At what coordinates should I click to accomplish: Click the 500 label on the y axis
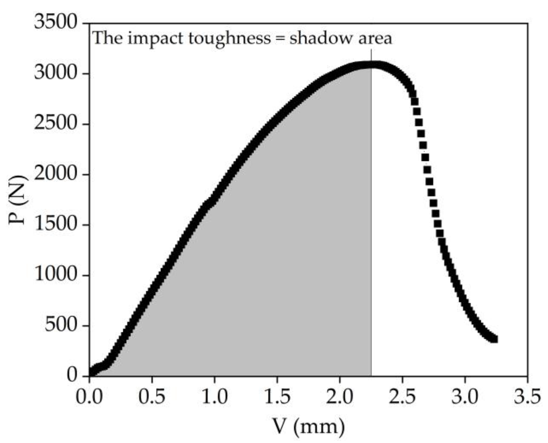pyautogui.click(x=61, y=325)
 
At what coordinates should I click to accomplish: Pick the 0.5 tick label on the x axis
pyautogui.click(x=152, y=396)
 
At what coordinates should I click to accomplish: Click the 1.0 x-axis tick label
pyautogui.click(x=215, y=396)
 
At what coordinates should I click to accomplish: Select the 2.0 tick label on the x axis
pyautogui.click(x=339, y=396)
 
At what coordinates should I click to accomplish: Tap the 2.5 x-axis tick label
pyautogui.click(x=402, y=396)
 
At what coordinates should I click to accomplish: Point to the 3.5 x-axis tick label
pyautogui.click(x=527, y=396)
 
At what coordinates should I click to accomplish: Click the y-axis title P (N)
pyautogui.click(x=18, y=200)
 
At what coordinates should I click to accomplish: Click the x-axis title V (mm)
pyautogui.click(x=308, y=427)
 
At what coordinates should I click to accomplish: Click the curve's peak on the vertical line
pyautogui.click(x=371, y=65)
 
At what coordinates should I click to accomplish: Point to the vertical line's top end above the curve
pyautogui.click(x=371, y=50)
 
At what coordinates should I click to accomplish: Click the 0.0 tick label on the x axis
pyautogui.click(x=89, y=396)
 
